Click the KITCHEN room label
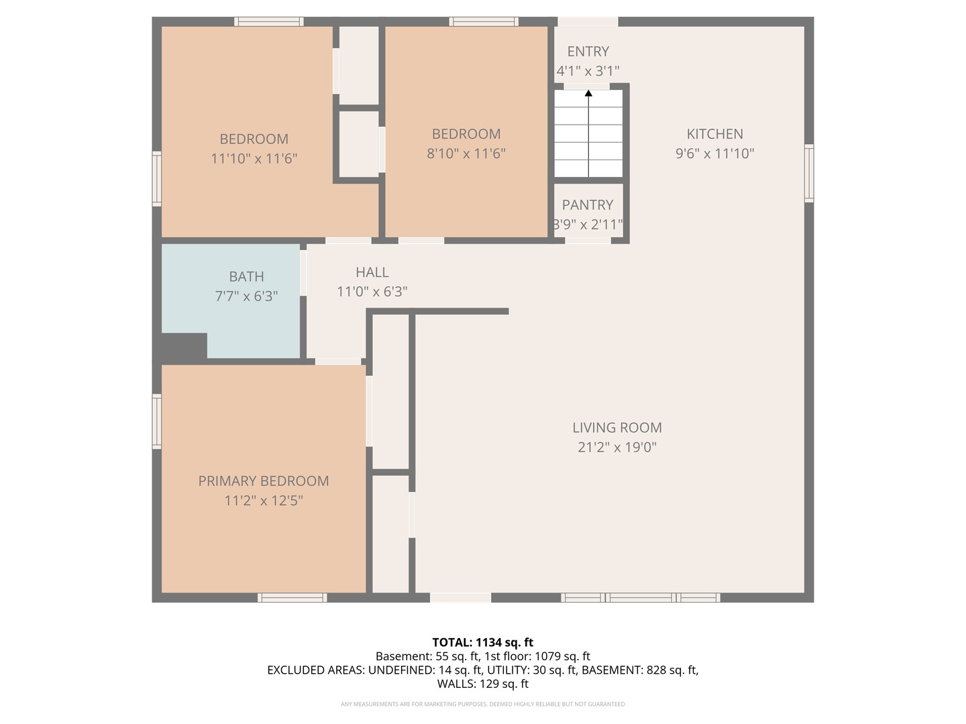(714, 134)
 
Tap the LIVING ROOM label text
(616, 428)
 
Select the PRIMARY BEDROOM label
(264, 481)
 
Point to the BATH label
(246, 276)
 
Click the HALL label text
(372, 272)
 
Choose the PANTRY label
(588, 205)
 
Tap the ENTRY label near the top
(588, 52)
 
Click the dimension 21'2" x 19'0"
(616, 447)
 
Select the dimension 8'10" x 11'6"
(466, 154)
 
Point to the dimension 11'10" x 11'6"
(254, 159)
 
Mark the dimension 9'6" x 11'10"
(714, 154)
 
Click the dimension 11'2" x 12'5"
(264, 501)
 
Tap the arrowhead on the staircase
(588, 93)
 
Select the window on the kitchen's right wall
(809, 173)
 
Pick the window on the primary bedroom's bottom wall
(292, 597)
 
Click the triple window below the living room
(641, 597)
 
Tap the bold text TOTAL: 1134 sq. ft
(482, 642)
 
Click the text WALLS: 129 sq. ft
(482, 684)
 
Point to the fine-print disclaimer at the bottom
(482, 704)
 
